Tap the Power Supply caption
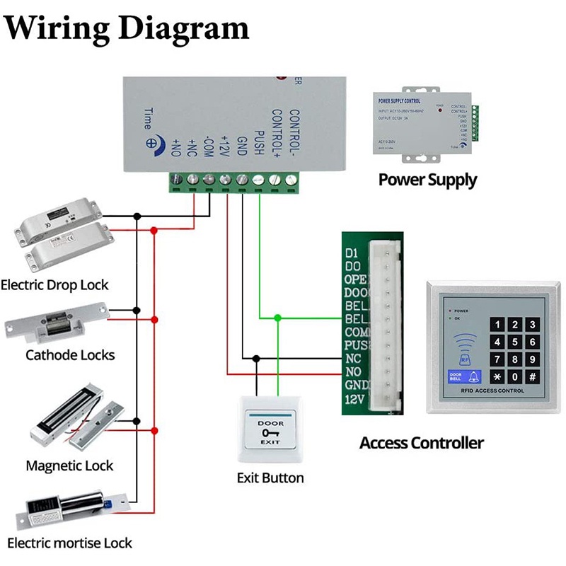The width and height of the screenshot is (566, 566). point(427,179)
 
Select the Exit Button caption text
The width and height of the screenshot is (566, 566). point(270,478)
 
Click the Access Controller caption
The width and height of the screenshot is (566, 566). point(422,444)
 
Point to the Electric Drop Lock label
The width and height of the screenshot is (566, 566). point(54,285)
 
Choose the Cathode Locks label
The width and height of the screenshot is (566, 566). point(70,354)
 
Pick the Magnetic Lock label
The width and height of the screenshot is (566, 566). point(69,466)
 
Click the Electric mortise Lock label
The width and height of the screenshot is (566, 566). point(69,543)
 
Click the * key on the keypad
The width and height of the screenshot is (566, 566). point(497,377)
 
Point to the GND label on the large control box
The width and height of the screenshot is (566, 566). point(241,143)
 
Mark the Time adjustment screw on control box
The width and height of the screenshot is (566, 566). point(151,141)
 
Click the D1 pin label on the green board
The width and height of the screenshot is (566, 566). point(352,253)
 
